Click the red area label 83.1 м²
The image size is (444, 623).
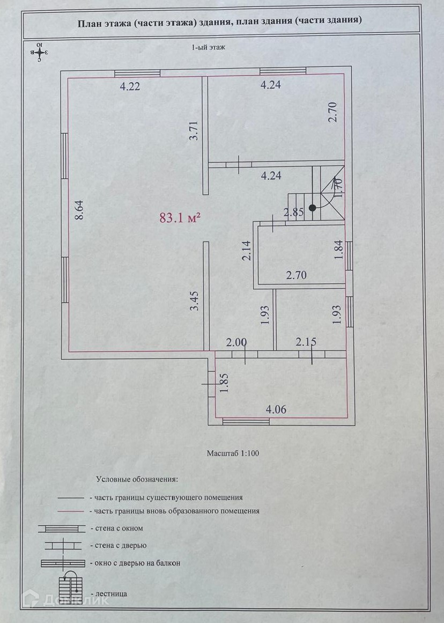(180, 217)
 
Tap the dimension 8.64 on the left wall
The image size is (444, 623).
(79, 210)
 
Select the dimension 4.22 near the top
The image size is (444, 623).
(130, 86)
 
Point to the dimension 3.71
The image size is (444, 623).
(194, 131)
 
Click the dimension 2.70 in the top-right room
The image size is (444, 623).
(332, 112)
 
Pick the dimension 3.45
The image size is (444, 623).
(195, 301)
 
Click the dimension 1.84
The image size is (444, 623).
(338, 251)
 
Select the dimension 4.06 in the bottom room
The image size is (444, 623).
(276, 410)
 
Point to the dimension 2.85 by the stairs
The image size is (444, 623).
(294, 212)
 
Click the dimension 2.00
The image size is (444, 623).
(236, 342)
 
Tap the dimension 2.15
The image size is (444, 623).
(305, 342)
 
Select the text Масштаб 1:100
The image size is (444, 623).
(233, 453)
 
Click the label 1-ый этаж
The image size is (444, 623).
(208, 47)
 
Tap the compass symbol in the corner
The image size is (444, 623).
(40, 52)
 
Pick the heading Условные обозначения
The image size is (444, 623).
(137, 479)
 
